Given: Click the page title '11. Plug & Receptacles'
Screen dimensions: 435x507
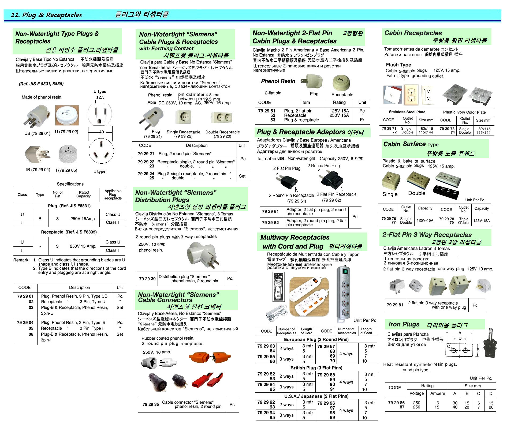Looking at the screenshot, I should coord(46,15).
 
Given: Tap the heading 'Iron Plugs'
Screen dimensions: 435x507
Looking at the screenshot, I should coord(404,324).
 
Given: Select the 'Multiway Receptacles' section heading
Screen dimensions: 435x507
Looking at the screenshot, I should coord(295,237).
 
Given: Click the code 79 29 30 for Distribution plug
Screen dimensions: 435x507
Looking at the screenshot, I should coord(147,279).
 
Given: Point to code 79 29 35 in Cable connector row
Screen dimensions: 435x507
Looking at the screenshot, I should coord(151,404).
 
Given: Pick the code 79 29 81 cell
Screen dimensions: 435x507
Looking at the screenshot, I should coord(395,305).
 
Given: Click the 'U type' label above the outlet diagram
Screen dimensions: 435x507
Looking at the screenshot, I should coord(100,91).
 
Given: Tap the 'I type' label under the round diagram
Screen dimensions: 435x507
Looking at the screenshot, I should coord(100,171).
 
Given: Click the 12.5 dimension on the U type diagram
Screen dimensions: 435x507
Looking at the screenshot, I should coord(100,97).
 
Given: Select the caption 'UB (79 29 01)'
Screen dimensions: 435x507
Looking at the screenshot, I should coord(37,133).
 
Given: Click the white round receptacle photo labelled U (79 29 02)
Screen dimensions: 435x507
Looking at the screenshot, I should coord(67,115).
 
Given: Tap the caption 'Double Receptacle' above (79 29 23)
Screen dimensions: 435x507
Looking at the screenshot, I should coord(222,132).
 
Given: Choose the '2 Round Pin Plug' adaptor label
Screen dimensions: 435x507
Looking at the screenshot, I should coord(323,166).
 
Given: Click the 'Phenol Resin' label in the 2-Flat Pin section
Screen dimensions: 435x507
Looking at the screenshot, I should coord(278,81).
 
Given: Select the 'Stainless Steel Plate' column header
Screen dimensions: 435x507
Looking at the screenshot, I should coord(407,112).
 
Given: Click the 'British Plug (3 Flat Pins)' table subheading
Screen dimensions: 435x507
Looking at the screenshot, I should coord(316,368).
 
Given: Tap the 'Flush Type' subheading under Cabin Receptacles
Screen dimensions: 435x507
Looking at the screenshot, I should coord(398,65).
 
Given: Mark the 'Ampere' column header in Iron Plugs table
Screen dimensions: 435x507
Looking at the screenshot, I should coord(438,393).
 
